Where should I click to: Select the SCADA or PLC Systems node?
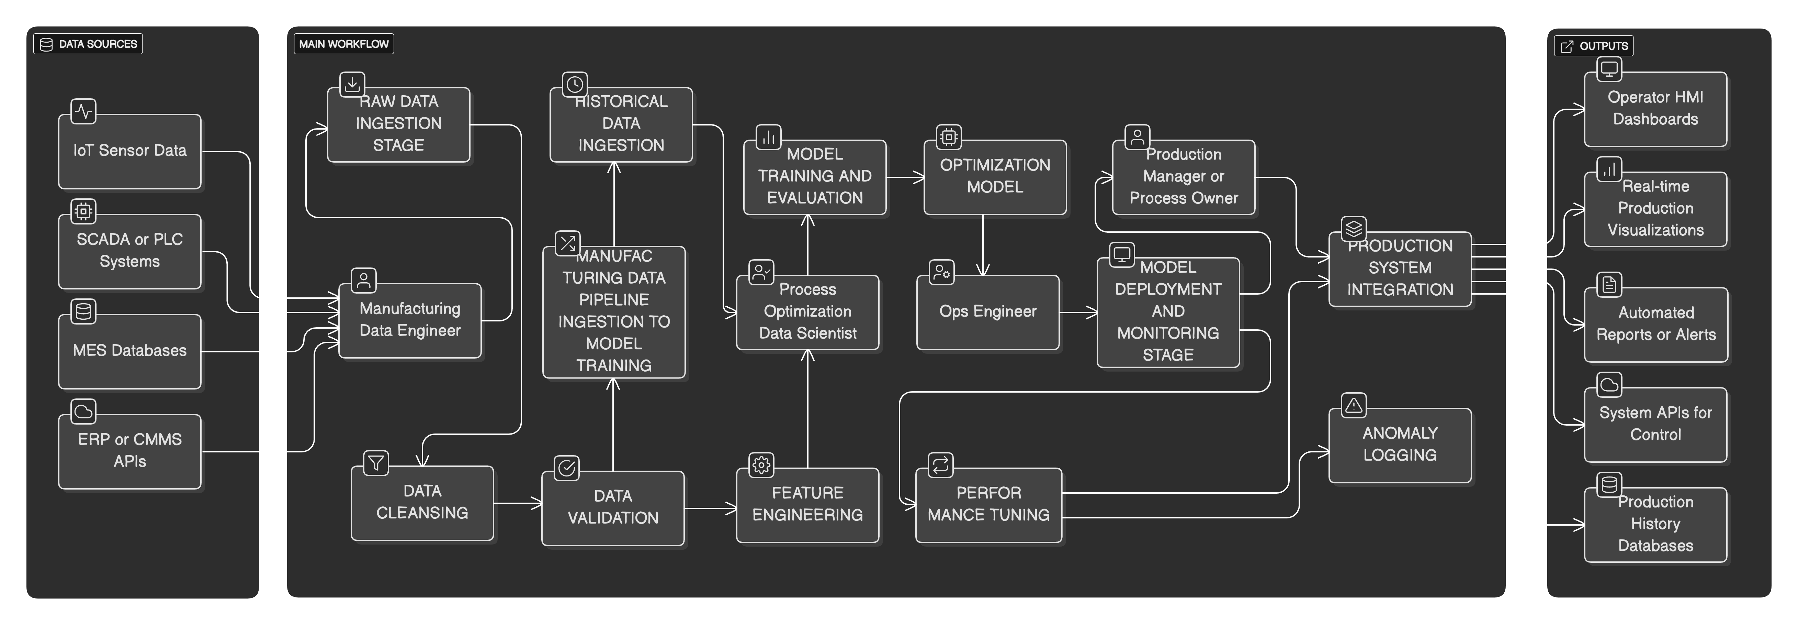pyautogui.click(x=130, y=251)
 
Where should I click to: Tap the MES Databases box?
pyautogui.click(x=130, y=351)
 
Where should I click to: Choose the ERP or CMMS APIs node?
pyautogui.click(x=130, y=451)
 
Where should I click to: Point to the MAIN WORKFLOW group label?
pyautogui.click(x=343, y=44)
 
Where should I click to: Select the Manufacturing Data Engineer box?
pyautogui.click(x=410, y=320)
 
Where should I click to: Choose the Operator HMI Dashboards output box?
pyautogui.click(x=1655, y=109)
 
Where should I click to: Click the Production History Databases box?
pyautogui.click(x=1655, y=524)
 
